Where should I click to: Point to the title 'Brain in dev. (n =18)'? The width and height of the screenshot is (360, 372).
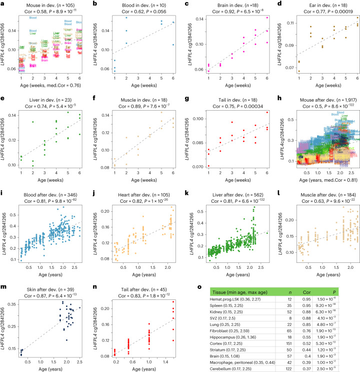222,5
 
